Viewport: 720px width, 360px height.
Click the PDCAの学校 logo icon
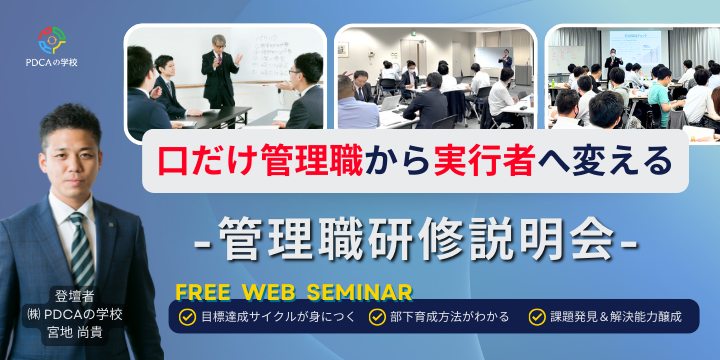(x=52, y=39)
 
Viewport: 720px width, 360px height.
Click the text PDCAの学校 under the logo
(x=52, y=64)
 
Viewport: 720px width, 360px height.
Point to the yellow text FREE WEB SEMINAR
(x=295, y=292)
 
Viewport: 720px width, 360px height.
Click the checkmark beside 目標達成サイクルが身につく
(x=187, y=317)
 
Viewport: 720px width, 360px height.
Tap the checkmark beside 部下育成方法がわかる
(x=377, y=317)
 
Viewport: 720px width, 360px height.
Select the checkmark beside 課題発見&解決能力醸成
(x=538, y=317)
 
